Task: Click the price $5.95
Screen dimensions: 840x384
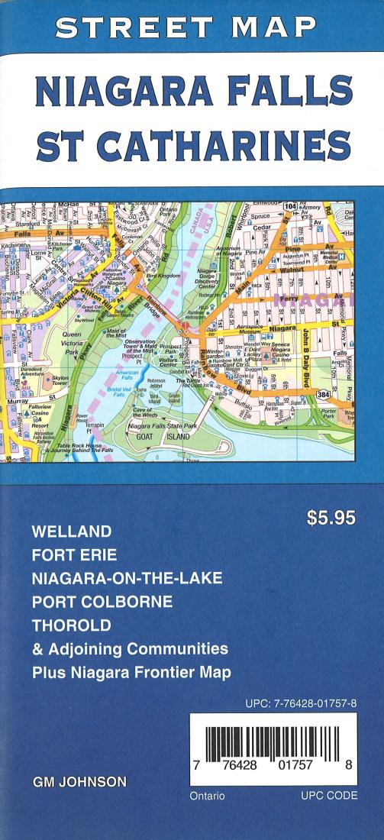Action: click(x=331, y=518)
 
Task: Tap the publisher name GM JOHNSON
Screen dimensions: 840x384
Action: click(x=80, y=783)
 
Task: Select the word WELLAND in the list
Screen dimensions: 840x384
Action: click(x=71, y=530)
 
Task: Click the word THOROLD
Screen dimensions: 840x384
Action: click(x=72, y=625)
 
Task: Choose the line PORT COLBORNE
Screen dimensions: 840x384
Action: click(x=102, y=601)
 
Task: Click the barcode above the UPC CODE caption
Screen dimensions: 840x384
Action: click(x=272, y=739)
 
